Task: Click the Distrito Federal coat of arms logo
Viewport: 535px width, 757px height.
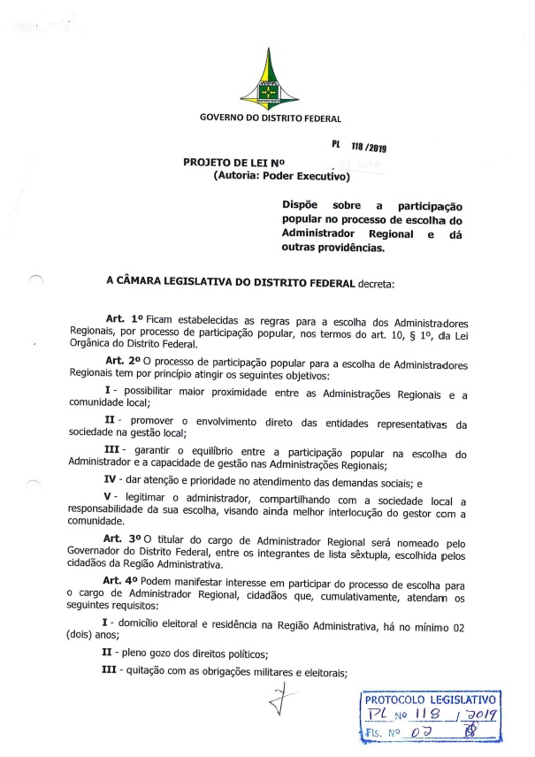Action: [x=270, y=77]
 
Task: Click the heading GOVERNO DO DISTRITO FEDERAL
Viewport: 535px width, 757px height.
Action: [x=271, y=118]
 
